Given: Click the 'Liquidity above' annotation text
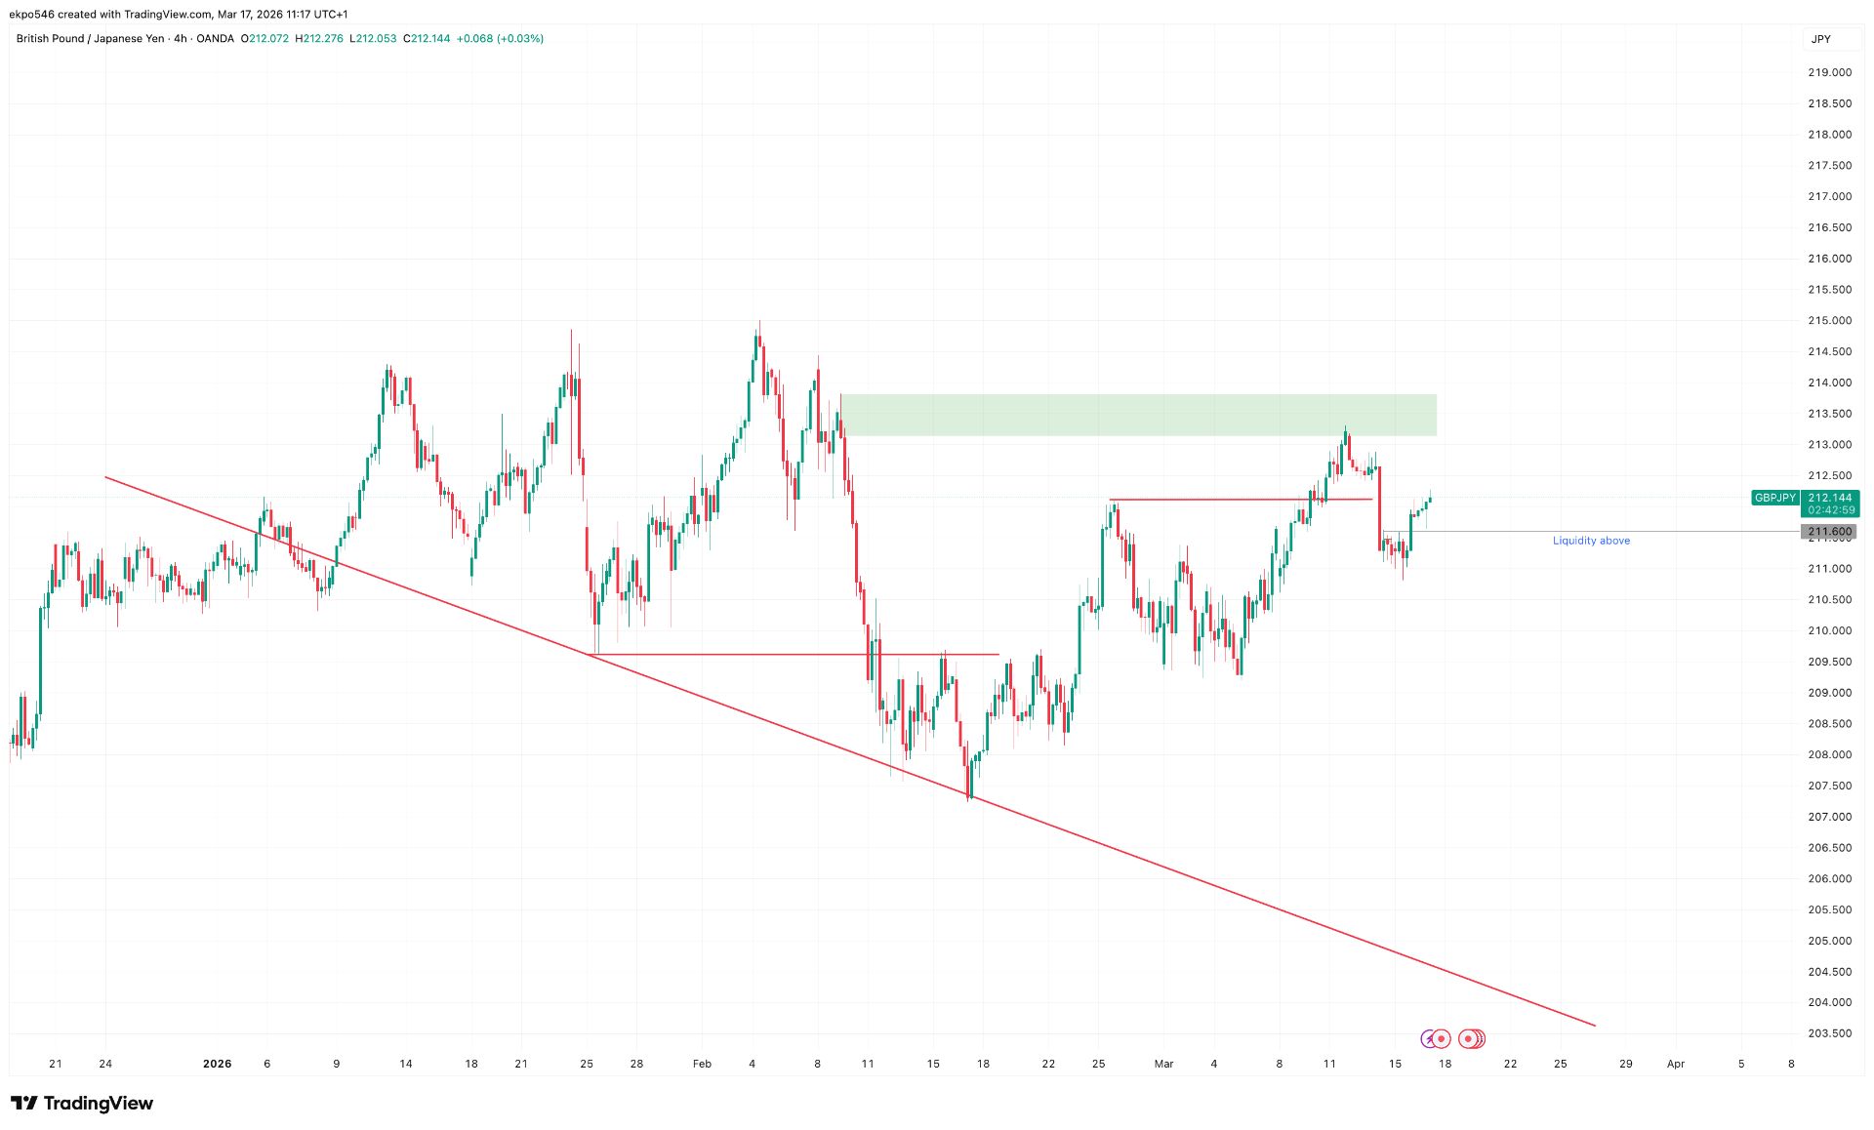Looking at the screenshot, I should coord(1591,541).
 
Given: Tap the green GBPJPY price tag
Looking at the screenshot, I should coord(1774,498).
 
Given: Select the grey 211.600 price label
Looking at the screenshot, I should coord(1829,532).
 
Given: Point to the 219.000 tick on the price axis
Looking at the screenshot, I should coord(1829,72).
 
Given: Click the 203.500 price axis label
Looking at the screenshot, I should coord(1829,1033).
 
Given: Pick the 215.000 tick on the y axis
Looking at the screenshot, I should coord(1829,320).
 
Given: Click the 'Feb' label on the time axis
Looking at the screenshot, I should coord(702,1064).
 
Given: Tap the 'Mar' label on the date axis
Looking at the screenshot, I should coord(1163,1064).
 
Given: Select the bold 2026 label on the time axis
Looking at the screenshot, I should coord(217,1064).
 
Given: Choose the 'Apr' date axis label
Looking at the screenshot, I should coord(1675,1064).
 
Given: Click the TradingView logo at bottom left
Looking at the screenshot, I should coord(82,1104).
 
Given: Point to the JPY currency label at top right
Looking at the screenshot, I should coord(1821,39).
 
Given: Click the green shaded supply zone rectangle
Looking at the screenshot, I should coord(1137,415).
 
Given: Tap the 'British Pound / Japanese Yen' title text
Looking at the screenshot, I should coord(90,39).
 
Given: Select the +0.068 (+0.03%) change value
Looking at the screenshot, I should coord(500,39).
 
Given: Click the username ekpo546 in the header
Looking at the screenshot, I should coord(32,15).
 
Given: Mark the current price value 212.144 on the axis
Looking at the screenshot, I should coord(1830,498).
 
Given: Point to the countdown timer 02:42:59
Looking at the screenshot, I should coord(1830,510).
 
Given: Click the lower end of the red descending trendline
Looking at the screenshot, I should coord(1594,1025).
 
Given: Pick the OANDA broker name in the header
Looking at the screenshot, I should coord(215,39).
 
